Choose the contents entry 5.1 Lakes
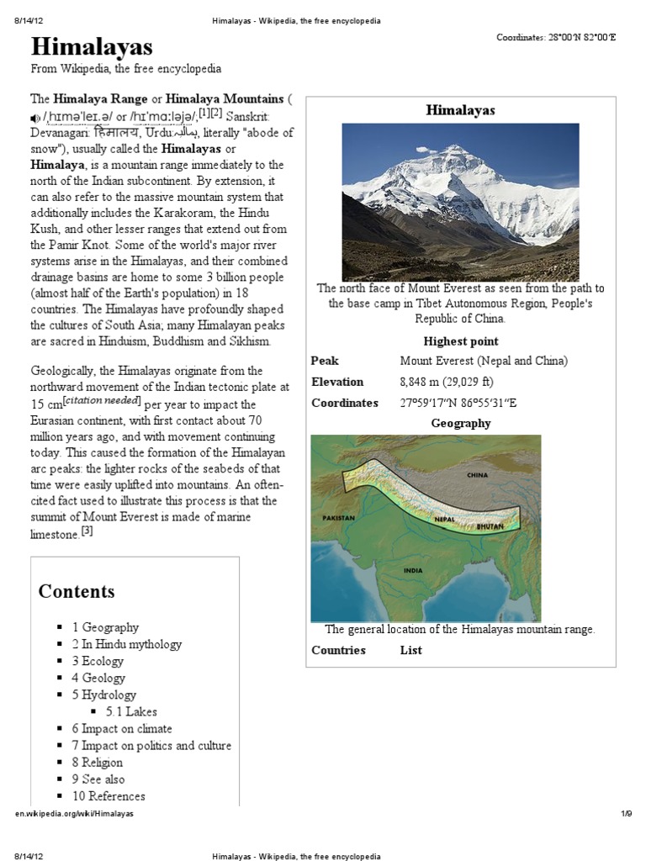131,711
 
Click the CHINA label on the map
477,475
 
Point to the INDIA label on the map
413,570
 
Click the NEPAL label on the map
445,520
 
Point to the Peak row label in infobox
325,361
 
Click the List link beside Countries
410,650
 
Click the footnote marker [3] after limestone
87,531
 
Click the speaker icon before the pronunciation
34,117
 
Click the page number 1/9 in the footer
625,814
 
